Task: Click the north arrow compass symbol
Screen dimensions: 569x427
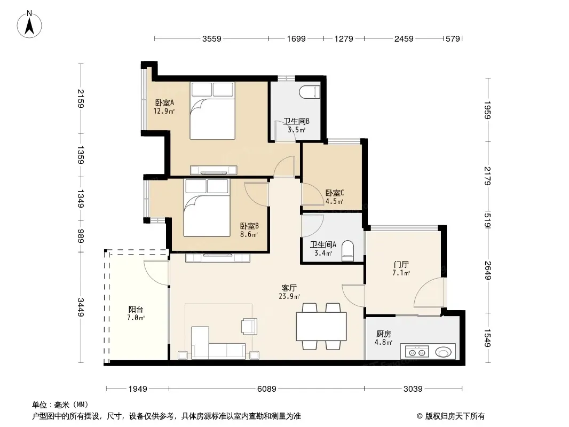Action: click(x=29, y=25)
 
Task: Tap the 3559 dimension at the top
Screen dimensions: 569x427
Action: click(x=211, y=38)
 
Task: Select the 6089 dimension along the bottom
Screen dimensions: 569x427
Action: click(x=267, y=389)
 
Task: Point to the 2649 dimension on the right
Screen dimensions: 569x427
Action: click(x=487, y=271)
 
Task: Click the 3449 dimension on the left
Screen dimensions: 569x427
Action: click(x=80, y=307)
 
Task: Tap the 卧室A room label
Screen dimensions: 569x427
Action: click(x=164, y=103)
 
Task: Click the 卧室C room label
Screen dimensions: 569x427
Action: click(x=334, y=193)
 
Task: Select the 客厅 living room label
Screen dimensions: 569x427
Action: click(x=289, y=288)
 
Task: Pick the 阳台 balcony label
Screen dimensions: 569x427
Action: click(x=136, y=310)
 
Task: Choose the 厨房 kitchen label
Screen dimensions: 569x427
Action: click(x=384, y=334)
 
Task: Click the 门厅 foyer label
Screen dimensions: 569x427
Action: click(x=401, y=264)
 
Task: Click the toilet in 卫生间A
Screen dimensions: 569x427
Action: click(x=347, y=251)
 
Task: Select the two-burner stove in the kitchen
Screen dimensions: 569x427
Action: click(x=417, y=352)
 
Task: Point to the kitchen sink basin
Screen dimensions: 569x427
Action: click(x=443, y=352)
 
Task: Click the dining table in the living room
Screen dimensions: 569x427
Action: click(x=321, y=326)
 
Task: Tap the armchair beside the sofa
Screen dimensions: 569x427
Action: click(x=249, y=326)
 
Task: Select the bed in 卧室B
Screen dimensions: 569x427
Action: click(x=207, y=207)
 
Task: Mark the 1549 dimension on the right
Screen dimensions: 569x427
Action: click(x=487, y=338)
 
